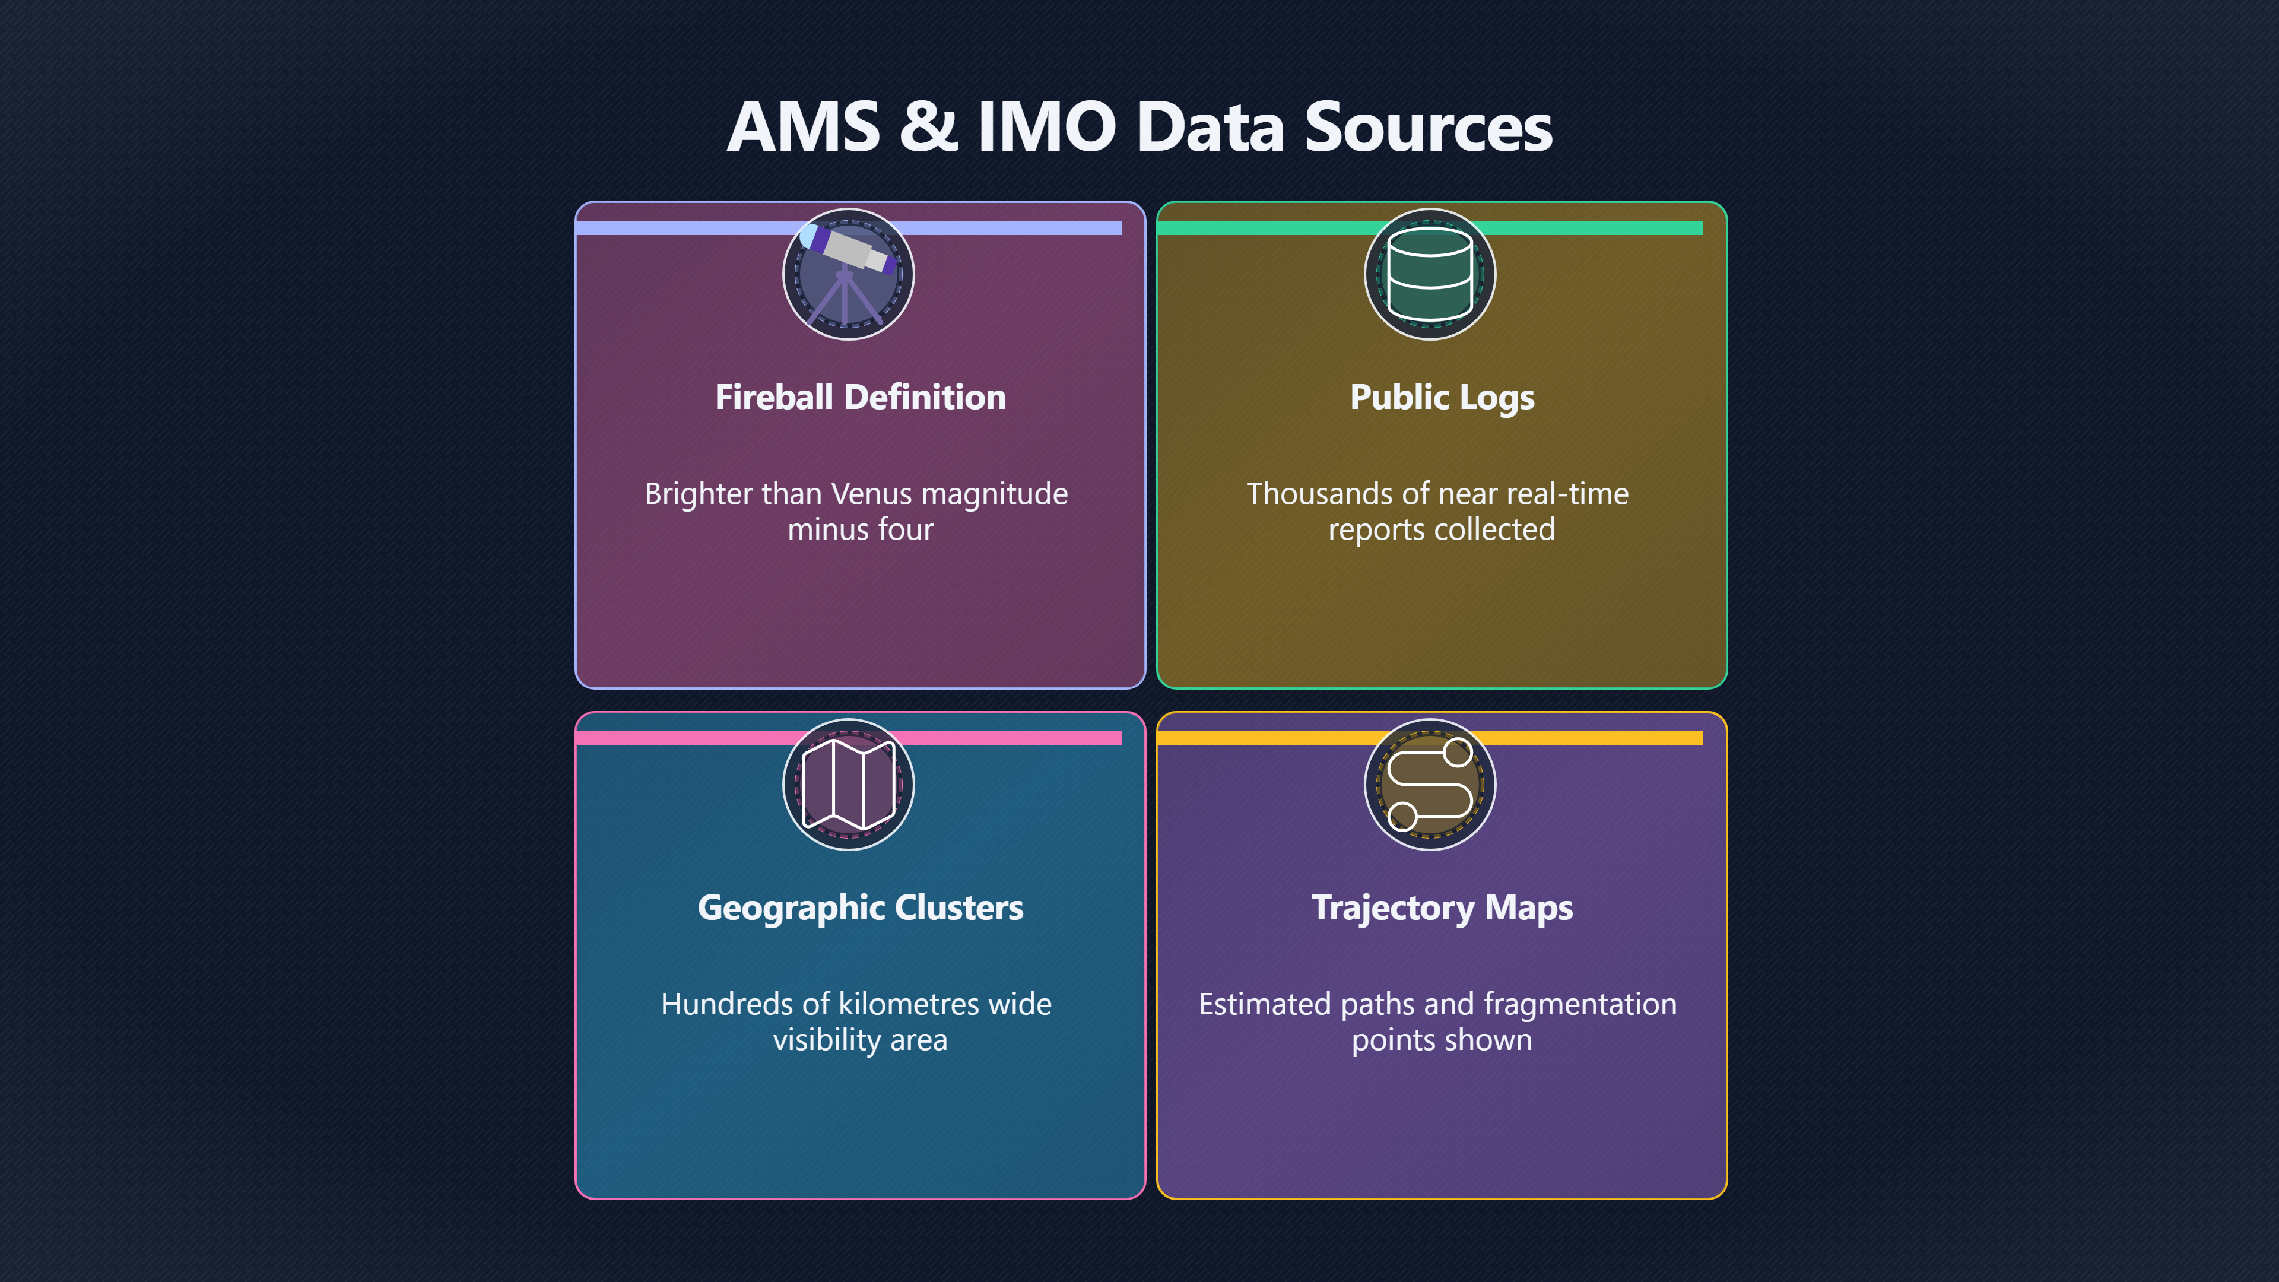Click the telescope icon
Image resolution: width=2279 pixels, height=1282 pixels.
pyautogui.click(x=848, y=274)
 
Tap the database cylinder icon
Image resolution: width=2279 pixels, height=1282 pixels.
pyautogui.click(x=1430, y=274)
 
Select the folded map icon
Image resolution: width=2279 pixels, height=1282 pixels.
pyautogui.click(x=848, y=785)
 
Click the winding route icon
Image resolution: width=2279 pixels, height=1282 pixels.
pyautogui.click(x=1430, y=785)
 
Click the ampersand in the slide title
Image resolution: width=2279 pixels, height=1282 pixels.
pyautogui.click(x=928, y=126)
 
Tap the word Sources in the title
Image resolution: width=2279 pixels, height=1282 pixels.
pyautogui.click(x=1429, y=126)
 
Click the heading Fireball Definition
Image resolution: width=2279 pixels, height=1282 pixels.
pyautogui.click(x=860, y=396)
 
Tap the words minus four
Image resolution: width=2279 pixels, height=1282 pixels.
pyautogui.click(x=860, y=529)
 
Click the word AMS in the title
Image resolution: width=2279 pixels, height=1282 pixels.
pyautogui.click(x=804, y=126)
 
